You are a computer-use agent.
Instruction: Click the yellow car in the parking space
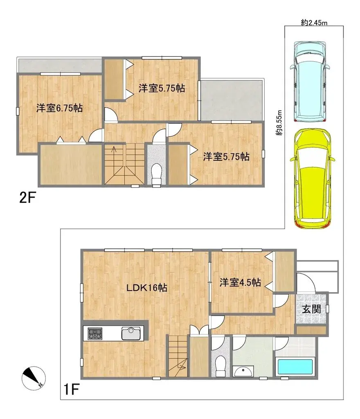tap(313, 178)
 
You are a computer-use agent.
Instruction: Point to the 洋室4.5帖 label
tap(240, 282)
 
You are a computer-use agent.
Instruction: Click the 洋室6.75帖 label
tap(59, 108)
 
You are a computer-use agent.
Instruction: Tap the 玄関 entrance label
tap(311, 309)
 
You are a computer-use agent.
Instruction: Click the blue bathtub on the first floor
tap(295, 366)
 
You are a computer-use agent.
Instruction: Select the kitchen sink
tap(132, 333)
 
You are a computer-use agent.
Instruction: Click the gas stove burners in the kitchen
tap(94, 333)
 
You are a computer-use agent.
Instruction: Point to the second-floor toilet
tap(157, 175)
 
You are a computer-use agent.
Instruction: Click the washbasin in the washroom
tap(244, 371)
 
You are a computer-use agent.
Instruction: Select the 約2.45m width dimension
tap(314, 23)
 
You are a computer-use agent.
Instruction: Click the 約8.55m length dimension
tap(279, 123)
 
